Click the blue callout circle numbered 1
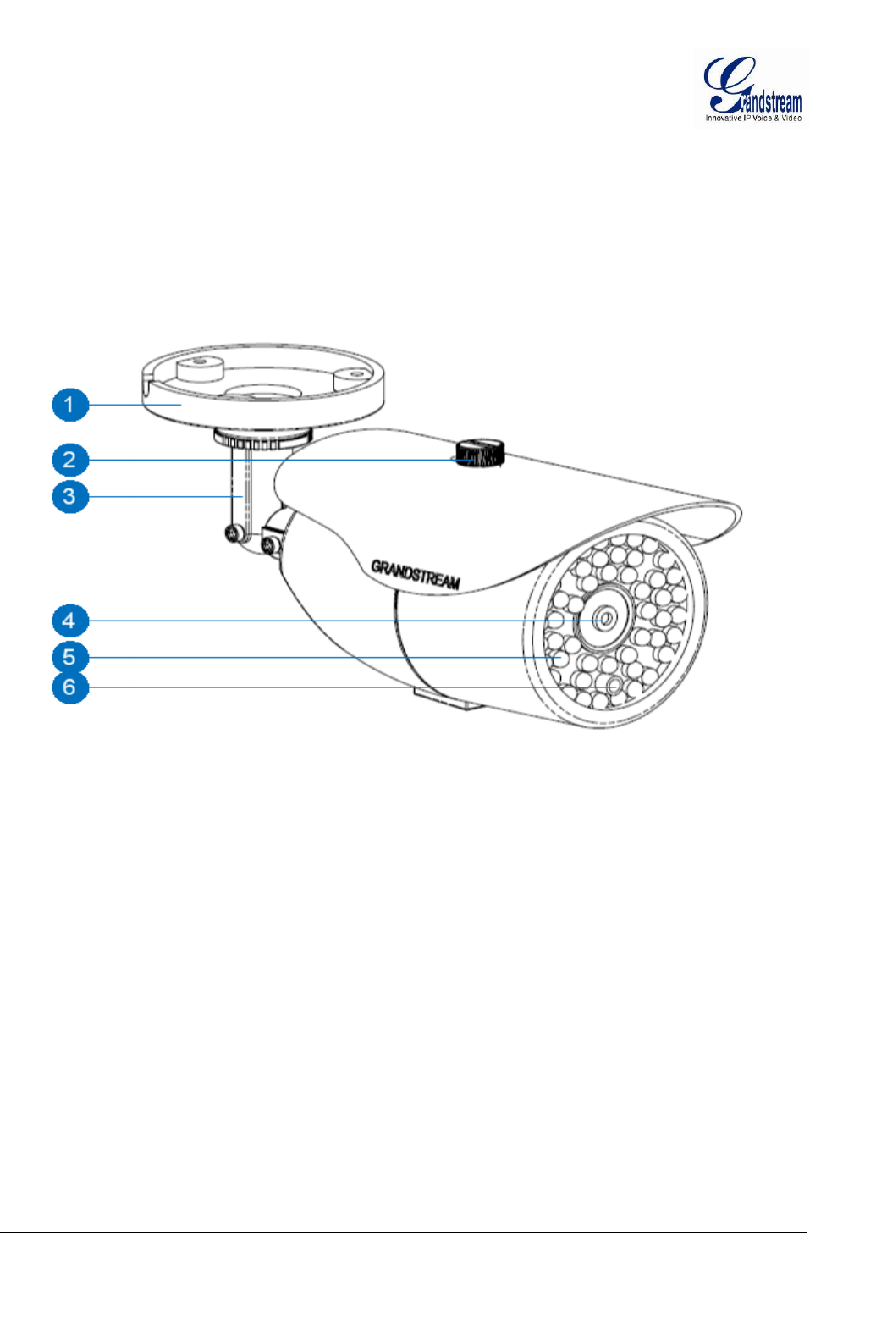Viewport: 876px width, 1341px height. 70,405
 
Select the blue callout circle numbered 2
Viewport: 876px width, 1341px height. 70,461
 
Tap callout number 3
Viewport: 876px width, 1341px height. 70,496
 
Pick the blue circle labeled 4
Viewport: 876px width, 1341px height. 70,621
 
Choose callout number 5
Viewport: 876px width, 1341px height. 70,657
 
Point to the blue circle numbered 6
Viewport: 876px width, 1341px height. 70,687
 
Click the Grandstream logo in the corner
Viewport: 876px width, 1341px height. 752,88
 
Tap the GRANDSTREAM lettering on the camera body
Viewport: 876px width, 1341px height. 416,574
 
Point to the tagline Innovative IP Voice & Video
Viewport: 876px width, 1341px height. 753,119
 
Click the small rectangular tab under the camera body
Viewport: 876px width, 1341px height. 443,698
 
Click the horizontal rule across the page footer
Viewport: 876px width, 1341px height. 403,1233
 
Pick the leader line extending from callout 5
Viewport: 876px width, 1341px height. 322,657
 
